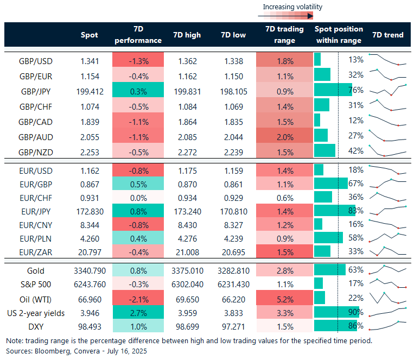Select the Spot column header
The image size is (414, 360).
pyautogui.click(x=90, y=35)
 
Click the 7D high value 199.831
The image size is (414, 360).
pyautogui.click(x=187, y=90)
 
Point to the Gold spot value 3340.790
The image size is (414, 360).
pyautogui.click(x=90, y=270)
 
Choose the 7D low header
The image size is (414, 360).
pyautogui.click(x=233, y=35)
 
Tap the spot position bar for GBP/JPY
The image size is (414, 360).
pyautogui.click(x=331, y=90)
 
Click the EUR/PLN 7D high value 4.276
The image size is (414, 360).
pyautogui.click(x=187, y=237)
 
